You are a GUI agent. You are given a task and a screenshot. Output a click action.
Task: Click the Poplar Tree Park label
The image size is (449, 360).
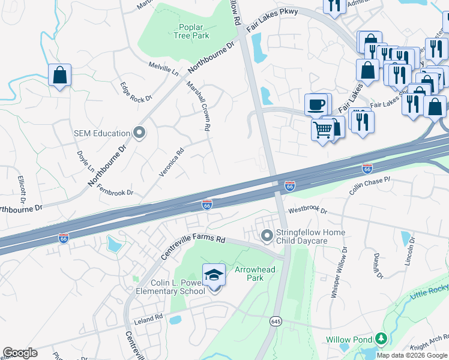[x=193, y=31]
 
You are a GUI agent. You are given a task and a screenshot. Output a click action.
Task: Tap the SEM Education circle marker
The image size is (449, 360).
[x=139, y=133]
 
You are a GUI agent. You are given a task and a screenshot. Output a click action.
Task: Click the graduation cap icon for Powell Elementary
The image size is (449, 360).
[x=214, y=275]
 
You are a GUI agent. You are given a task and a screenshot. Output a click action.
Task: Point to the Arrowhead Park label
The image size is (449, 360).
[x=255, y=274]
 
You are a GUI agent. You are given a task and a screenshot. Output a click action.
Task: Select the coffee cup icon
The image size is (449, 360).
[x=316, y=105]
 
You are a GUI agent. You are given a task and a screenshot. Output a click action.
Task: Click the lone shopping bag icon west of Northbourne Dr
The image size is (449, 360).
[x=59, y=76]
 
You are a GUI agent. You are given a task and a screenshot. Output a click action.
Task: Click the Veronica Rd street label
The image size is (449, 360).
[x=170, y=160]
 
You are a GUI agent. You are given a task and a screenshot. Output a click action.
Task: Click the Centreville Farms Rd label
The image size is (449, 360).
[x=192, y=247]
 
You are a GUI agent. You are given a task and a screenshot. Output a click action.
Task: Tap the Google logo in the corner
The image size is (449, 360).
[x=20, y=353]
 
